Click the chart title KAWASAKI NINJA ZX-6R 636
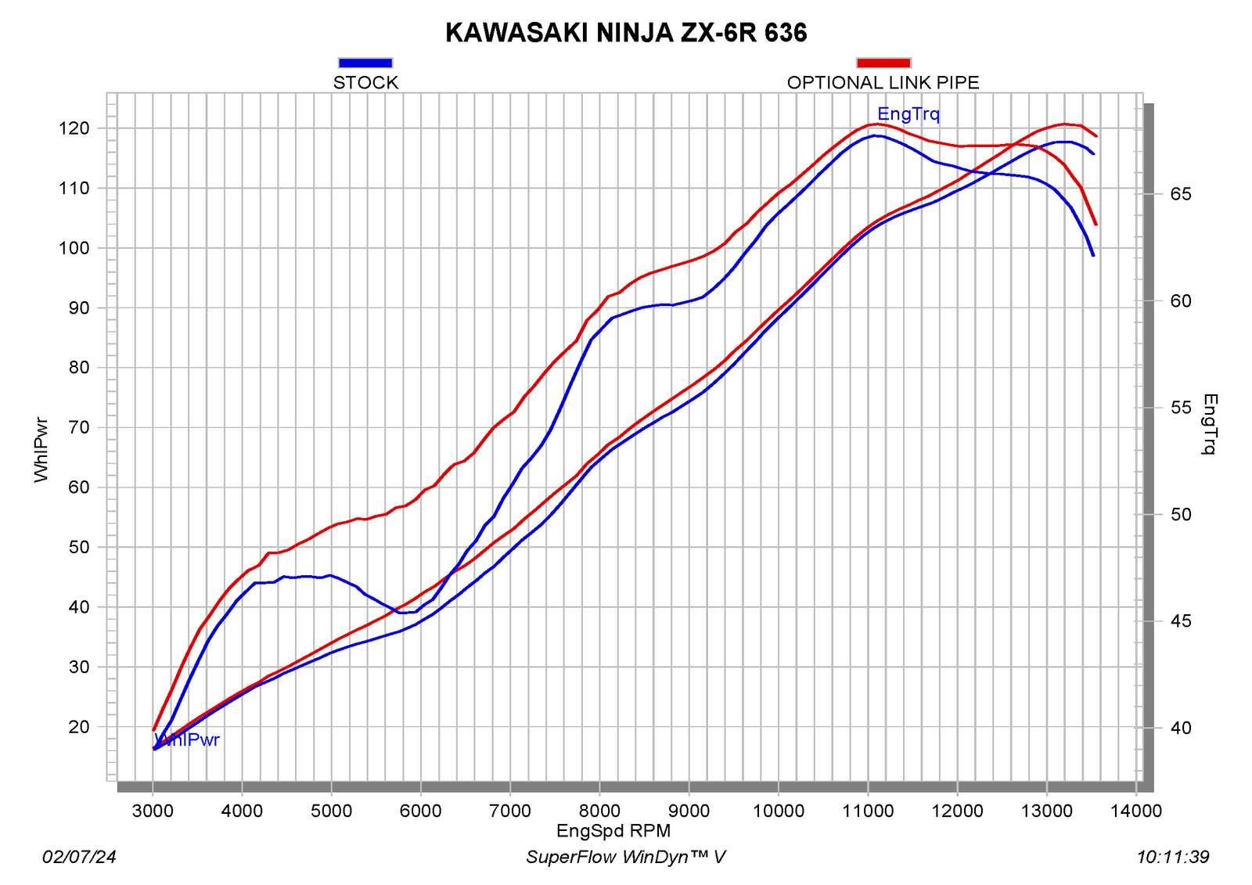click(626, 33)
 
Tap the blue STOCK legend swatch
click(365, 63)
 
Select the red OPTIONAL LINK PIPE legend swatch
click(883, 63)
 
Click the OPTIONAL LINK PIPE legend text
click(883, 83)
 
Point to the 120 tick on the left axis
click(74, 128)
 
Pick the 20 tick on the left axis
click(78, 727)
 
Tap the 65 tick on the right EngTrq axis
click(1181, 194)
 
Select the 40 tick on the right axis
click(1181, 728)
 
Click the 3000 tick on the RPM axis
click(153, 811)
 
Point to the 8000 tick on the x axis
click(599, 811)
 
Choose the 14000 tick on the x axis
click(1135, 811)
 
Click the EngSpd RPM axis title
click(613, 831)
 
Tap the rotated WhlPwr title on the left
click(41, 449)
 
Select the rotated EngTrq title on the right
click(1210, 424)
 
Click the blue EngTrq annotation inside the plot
click(908, 114)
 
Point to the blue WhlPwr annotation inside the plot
click(187, 739)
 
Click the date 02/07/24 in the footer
click(79, 857)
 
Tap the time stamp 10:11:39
click(1173, 857)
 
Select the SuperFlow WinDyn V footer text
click(626, 857)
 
